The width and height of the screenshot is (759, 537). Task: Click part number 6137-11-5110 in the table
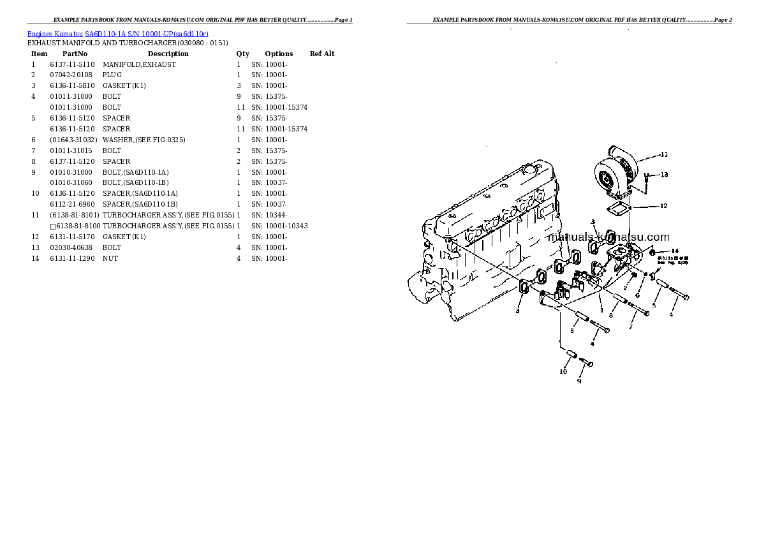(72, 64)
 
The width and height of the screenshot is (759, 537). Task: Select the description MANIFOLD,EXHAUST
(139, 64)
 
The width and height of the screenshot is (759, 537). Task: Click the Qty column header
(242, 54)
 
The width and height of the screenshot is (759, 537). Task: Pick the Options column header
(279, 54)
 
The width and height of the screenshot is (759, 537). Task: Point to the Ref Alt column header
(322, 54)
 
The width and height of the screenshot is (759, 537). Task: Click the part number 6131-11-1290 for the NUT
(72, 258)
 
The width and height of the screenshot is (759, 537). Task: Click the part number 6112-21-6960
(72, 204)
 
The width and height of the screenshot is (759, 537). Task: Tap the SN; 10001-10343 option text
(279, 226)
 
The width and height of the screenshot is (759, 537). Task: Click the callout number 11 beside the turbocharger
(664, 154)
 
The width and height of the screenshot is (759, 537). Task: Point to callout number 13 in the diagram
(664, 175)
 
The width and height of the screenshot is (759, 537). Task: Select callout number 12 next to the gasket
(663, 205)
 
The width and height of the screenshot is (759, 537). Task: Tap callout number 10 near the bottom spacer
(563, 371)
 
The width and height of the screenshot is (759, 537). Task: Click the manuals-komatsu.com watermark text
(608, 237)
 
